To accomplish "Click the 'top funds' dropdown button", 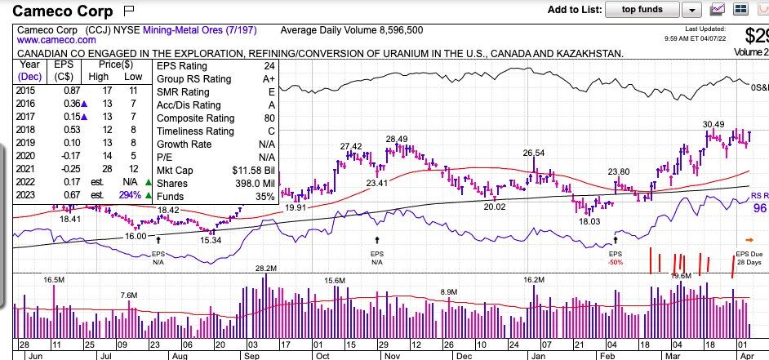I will [642, 10].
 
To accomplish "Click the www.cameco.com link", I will [48, 40].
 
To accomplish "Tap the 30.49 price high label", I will [713, 124].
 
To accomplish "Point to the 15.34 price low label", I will [211, 241].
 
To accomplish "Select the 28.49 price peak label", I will [397, 139].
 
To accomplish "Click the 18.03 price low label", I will [589, 221].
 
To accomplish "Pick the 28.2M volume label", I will [266, 269].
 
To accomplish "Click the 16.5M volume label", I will [54, 279].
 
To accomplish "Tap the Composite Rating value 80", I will [269, 118].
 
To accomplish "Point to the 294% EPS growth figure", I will [129, 195].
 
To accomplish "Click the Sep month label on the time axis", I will [251, 355].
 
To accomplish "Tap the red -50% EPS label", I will [616, 262].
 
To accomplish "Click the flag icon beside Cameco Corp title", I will [129, 11].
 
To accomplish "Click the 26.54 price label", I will [533, 153].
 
